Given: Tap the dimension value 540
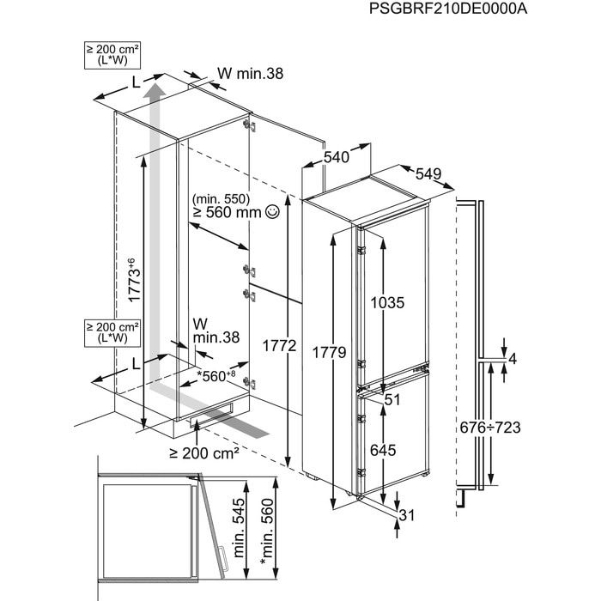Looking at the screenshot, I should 337,157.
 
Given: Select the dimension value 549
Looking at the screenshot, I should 428,173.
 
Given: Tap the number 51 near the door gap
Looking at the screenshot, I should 393,399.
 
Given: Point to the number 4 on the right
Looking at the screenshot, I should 512,359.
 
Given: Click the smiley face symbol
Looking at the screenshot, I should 273,211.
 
